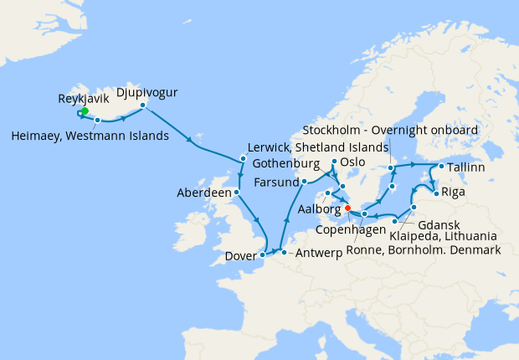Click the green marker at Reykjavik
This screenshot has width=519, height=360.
85,111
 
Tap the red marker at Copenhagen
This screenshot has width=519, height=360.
347,208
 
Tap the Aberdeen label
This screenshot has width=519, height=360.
203,193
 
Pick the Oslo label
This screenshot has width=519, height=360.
354,162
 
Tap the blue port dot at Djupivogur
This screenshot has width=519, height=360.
143,105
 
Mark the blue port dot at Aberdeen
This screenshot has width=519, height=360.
237,192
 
